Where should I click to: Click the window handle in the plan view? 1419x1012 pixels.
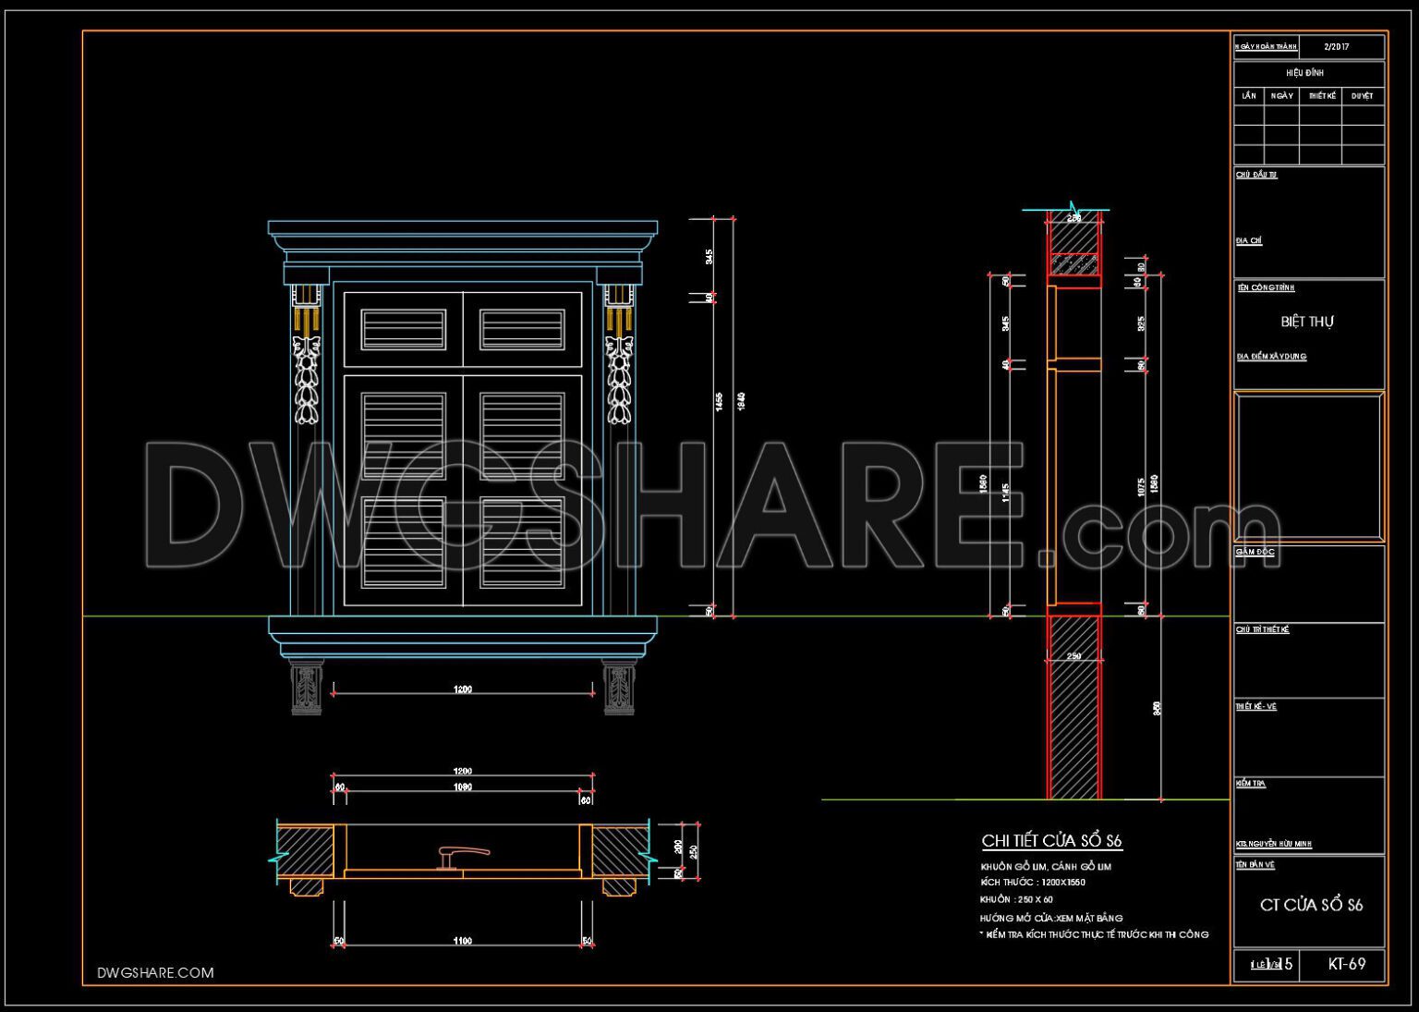[461, 856]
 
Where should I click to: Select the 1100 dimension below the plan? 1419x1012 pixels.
[463, 941]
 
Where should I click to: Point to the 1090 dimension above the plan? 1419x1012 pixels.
[463, 787]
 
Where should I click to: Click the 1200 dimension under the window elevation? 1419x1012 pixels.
[463, 689]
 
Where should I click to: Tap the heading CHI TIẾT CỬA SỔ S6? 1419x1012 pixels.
[1051, 841]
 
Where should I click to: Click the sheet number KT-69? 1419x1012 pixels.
[1346, 964]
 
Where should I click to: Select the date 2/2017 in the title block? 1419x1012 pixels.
[1336, 46]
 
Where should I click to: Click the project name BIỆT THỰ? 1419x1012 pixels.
[1307, 322]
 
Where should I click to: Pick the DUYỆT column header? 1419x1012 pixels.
[1362, 96]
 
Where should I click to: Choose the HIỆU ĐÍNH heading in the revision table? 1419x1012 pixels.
[1304, 72]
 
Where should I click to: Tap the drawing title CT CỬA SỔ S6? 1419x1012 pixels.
[1311, 905]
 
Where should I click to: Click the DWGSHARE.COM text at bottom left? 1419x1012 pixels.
[155, 972]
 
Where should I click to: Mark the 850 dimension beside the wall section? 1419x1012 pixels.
[1157, 709]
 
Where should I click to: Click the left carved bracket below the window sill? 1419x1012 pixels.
[306, 688]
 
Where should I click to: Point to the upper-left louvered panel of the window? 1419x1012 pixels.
[403, 330]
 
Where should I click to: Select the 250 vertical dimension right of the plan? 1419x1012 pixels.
[694, 850]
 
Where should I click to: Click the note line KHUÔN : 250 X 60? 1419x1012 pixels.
[1016, 899]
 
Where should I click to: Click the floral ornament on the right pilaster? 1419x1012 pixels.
[618, 379]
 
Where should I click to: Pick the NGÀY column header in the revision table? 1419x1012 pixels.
[1281, 96]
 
